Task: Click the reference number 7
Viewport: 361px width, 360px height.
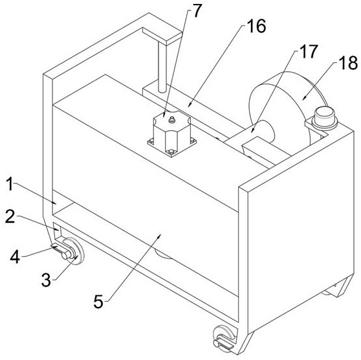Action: point(197,11)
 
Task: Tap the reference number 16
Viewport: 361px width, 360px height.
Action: point(256,26)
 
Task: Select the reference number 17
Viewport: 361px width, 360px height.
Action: point(309,51)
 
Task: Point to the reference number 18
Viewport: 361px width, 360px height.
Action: point(348,63)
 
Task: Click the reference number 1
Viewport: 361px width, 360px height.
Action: point(10,184)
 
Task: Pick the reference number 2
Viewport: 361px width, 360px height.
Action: point(10,216)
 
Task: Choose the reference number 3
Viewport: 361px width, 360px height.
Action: point(46,280)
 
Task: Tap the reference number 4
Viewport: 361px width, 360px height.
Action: point(15,257)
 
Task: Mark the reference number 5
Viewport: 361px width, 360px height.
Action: point(98,302)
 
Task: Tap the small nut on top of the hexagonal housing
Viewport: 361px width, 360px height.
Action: point(171,120)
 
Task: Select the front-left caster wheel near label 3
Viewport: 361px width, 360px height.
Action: point(73,251)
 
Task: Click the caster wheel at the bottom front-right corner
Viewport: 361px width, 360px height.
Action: point(224,337)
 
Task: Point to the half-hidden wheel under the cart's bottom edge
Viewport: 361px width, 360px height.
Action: point(163,254)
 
